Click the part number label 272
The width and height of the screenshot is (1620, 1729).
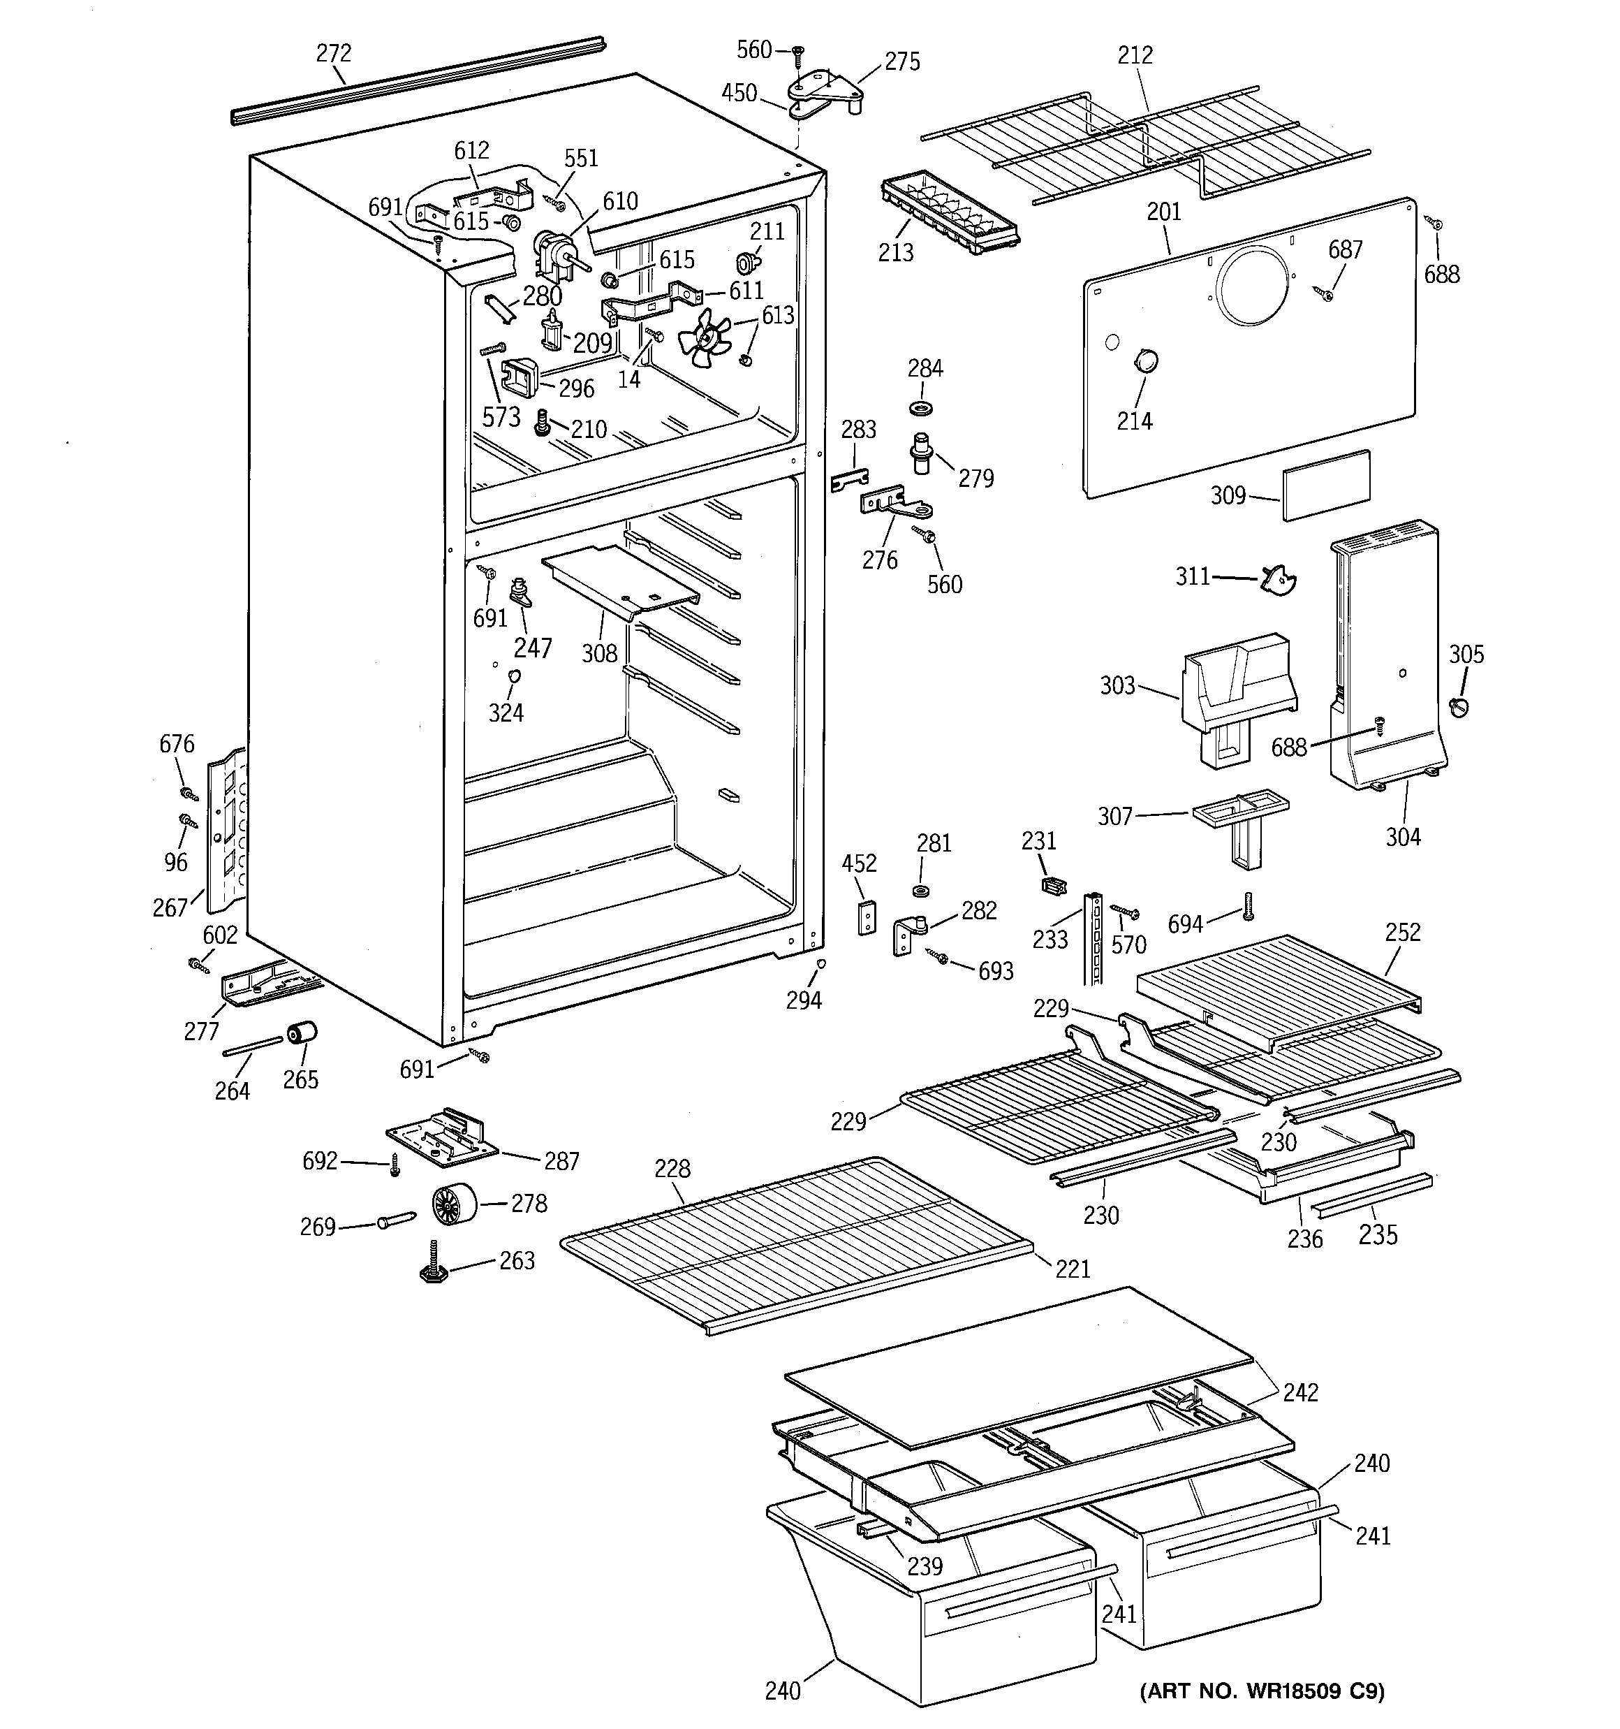[333, 54]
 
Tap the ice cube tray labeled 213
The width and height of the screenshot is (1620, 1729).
[950, 212]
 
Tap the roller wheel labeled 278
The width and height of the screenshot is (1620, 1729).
[454, 1204]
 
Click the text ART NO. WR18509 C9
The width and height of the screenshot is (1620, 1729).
[1262, 1690]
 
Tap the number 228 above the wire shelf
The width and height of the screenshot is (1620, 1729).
[673, 1168]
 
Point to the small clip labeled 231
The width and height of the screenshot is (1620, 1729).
[1053, 885]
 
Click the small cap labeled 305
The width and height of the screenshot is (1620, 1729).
[1460, 707]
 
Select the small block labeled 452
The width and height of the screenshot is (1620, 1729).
[867, 917]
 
